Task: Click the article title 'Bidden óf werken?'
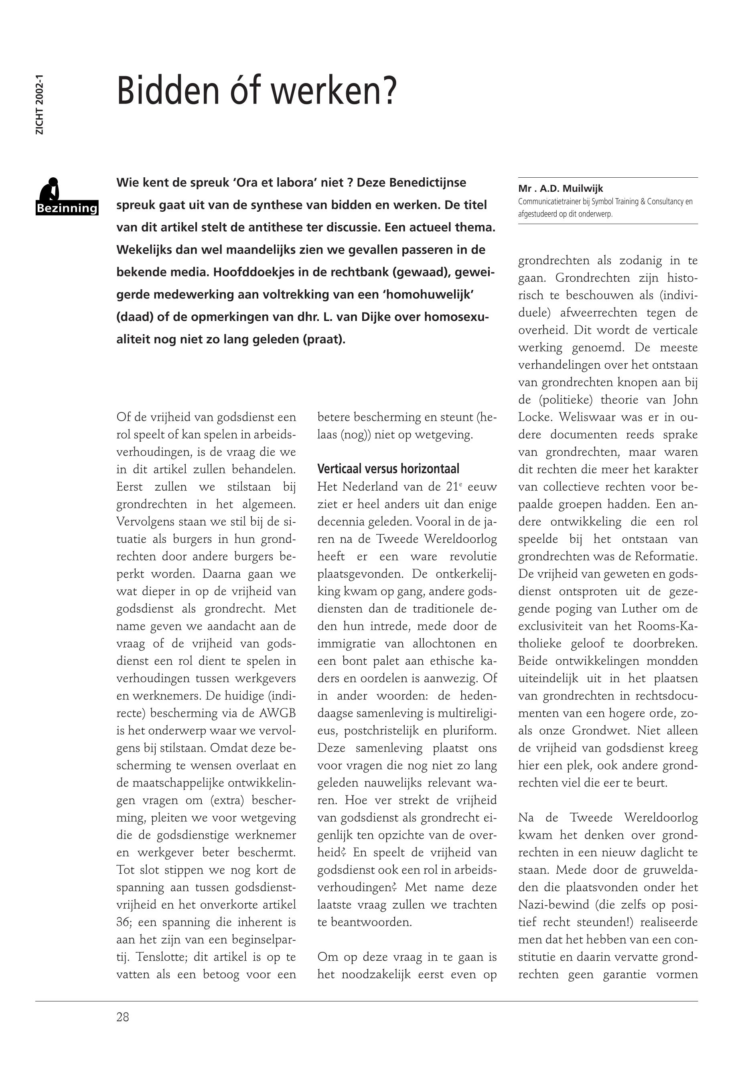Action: (x=256, y=91)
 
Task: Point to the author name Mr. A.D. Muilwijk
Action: (x=561, y=189)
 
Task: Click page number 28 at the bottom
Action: (x=123, y=1017)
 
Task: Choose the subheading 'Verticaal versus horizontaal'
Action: (x=388, y=469)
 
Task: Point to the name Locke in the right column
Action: (x=533, y=417)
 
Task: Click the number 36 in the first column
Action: (x=124, y=922)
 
